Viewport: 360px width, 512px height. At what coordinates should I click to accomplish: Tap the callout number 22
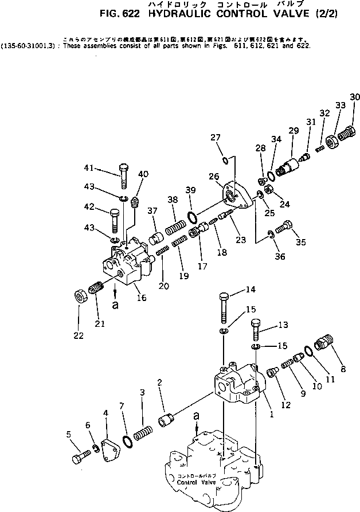tap(78, 335)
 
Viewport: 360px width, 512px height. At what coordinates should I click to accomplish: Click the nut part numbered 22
tap(80, 298)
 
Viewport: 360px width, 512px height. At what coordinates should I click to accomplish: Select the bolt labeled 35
tap(285, 228)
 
